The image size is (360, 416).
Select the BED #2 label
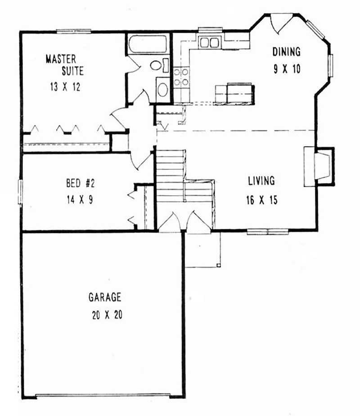coord(79,183)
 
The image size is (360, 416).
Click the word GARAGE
coord(105,297)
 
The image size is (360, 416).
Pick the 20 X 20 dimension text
coord(106,315)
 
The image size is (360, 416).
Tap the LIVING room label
coord(261,181)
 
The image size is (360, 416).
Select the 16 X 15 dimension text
coord(261,200)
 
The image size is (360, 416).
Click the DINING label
coord(286,52)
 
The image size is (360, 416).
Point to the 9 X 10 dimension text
coord(286,69)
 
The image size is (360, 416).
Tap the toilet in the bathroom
coord(157,66)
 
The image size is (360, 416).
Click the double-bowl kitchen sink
coord(209,43)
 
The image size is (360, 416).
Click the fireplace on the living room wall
coord(319,166)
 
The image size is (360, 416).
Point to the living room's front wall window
coord(268,232)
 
